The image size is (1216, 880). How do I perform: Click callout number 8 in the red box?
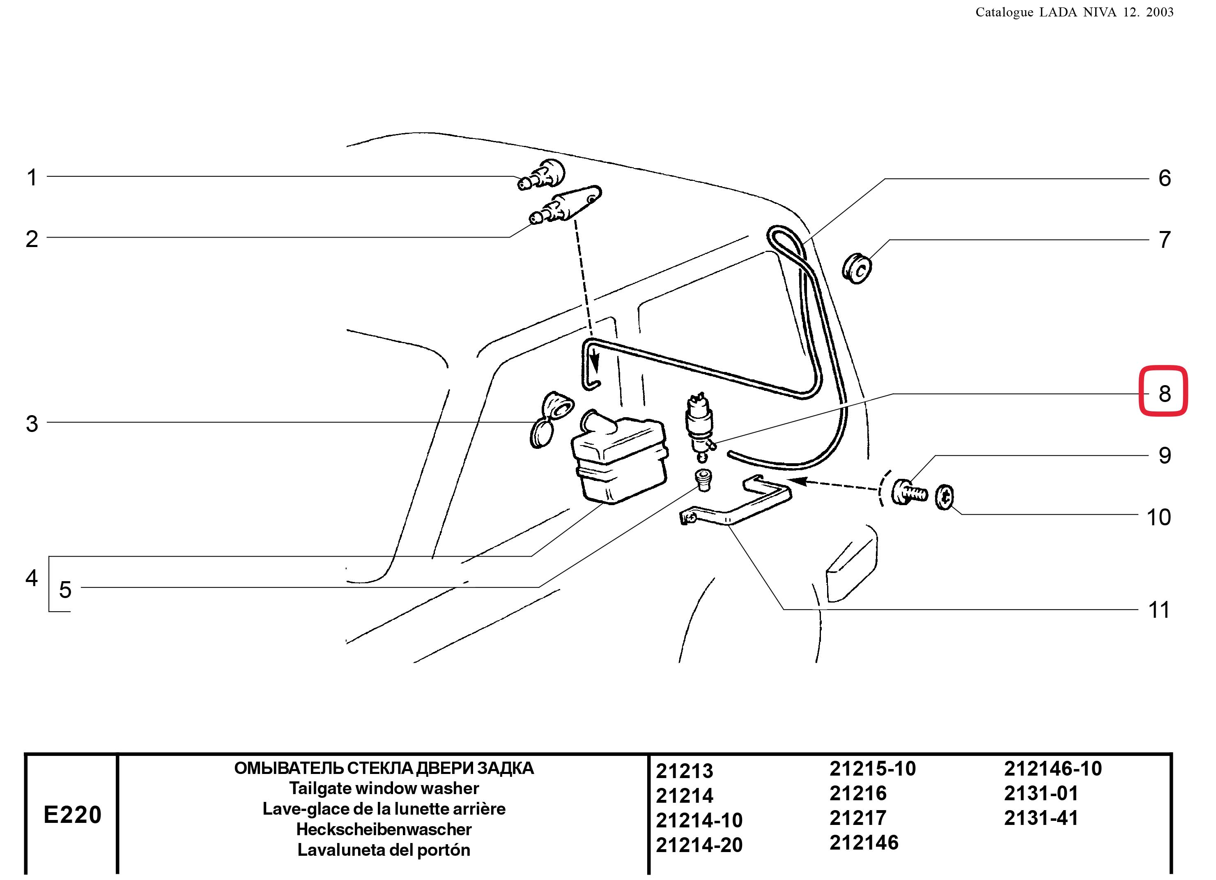(x=1164, y=393)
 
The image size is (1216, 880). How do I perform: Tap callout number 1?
(x=32, y=177)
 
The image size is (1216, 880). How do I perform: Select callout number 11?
(x=1159, y=610)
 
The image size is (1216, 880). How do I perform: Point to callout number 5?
(x=65, y=590)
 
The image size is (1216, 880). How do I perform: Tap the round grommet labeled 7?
(x=857, y=269)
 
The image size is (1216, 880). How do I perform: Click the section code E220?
(x=72, y=815)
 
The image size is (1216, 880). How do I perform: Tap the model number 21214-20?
(x=699, y=845)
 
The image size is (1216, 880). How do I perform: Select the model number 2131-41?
(x=1041, y=818)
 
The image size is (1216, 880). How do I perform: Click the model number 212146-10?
(x=1053, y=769)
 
